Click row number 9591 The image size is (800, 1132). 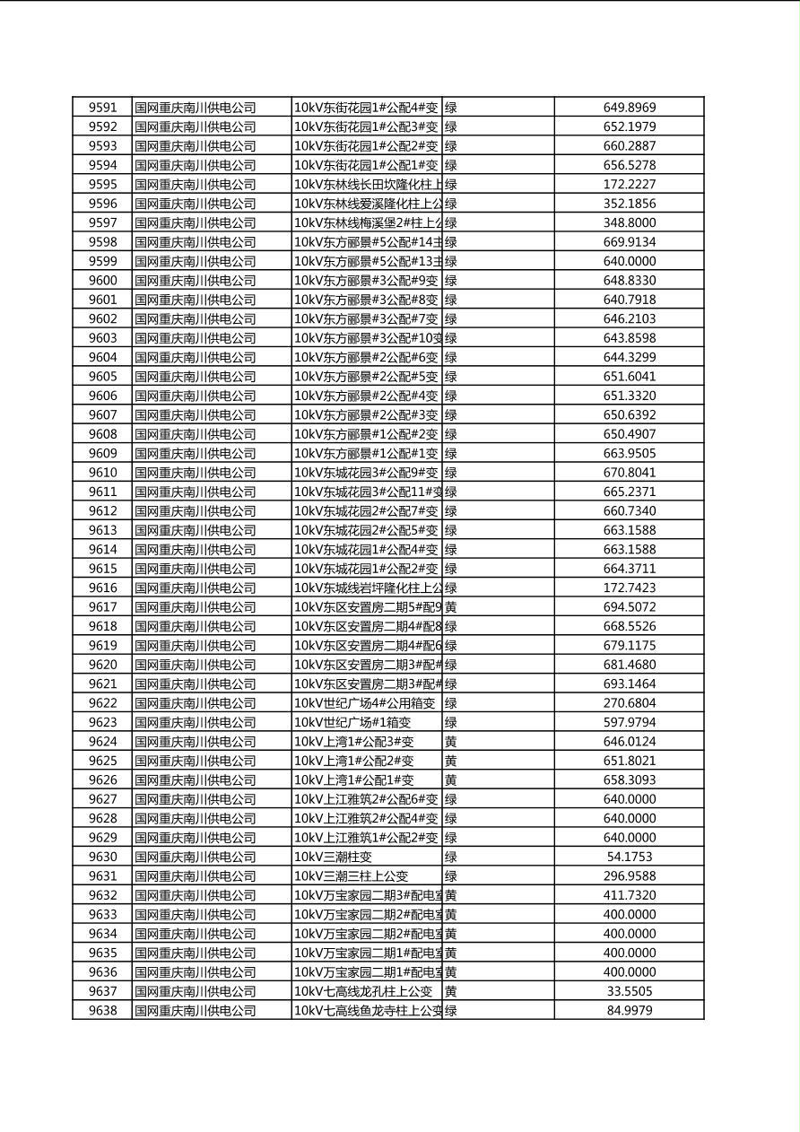click(102, 108)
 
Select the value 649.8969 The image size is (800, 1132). click(629, 108)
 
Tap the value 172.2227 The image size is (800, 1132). click(629, 185)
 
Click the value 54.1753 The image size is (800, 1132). click(629, 857)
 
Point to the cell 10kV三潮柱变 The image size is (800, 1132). click(337, 857)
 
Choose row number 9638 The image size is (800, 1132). click(102, 1010)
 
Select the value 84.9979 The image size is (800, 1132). click(629, 1010)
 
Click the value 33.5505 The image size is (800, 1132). click(629, 991)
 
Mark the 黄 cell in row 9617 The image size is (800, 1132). click(451, 607)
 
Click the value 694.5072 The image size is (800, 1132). click(629, 607)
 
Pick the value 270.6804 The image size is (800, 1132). click(629, 703)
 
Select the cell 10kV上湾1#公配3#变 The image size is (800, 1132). click(354, 742)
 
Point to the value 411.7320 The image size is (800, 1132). click(629, 895)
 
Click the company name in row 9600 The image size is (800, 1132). click(196, 281)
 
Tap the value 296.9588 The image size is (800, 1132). click(629, 875)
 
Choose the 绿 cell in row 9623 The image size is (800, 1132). click(451, 722)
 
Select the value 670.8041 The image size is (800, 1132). click(629, 473)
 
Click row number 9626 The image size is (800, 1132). click(102, 779)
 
